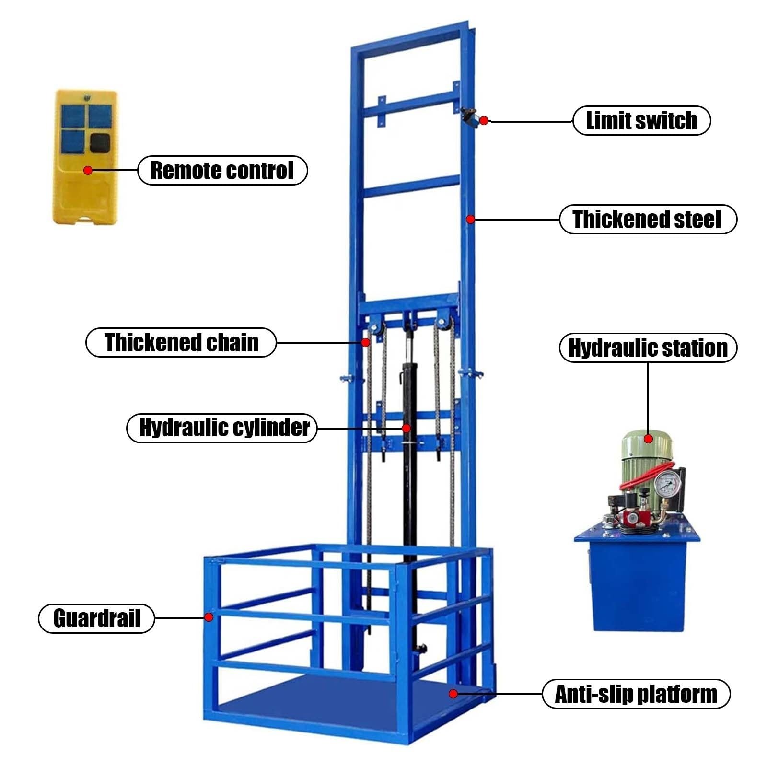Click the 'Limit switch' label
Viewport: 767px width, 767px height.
pos(641,120)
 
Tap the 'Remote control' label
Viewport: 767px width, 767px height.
pos(222,170)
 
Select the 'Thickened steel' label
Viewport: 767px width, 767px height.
pos(648,219)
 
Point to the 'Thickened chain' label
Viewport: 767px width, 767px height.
pos(181,342)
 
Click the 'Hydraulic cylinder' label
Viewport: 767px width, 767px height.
pos(222,428)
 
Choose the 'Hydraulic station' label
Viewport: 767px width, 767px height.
pos(648,348)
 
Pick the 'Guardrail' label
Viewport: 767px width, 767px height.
pos(96,618)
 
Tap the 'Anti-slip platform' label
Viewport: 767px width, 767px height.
pos(636,694)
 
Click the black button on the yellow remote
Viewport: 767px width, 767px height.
pos(99,142)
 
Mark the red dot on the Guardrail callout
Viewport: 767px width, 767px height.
pos(209,617)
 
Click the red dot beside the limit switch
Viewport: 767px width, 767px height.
pos(484,121)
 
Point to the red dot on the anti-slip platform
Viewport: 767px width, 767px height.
pos(453,693)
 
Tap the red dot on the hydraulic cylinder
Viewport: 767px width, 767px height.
pos(406,428)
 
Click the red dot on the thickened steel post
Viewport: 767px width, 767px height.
pos(471,219)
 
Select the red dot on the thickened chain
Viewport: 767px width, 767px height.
pos(365,342)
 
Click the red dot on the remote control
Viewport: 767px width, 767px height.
pos(87,170)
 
